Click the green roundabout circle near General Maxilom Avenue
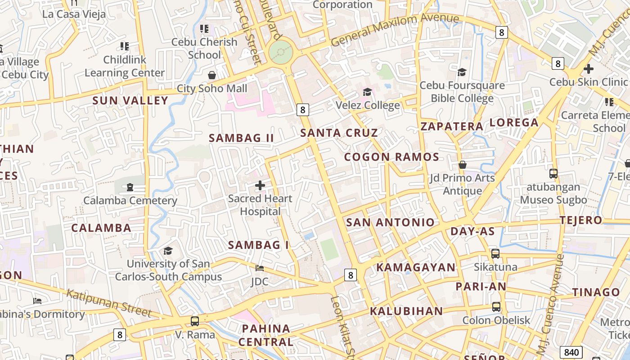click(x=281, y=52)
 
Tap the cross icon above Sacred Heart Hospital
click(x=260, y=185)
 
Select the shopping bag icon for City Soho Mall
click(x=211, y=75)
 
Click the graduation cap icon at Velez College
click(x=368, y=92)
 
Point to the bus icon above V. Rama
click(x=195, y=321)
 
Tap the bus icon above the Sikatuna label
click(x=495, y=254)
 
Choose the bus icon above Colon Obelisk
click(x=496, y=307)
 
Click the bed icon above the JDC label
click(x=260, y=268)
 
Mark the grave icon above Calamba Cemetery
click(x=130, y=187)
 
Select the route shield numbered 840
click(x=571, y=352)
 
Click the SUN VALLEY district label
click(x=130, y=100)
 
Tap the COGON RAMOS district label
click(x=391, y=157)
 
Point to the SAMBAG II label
click(x=241, y=138)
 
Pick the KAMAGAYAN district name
click(x=416, y=267)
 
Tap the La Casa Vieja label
click(x=74, y=14)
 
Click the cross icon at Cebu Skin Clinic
click(x=588, y=69)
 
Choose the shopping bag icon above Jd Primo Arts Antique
click(x=462, y=165)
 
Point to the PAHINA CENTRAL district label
click(x=265, y=335)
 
